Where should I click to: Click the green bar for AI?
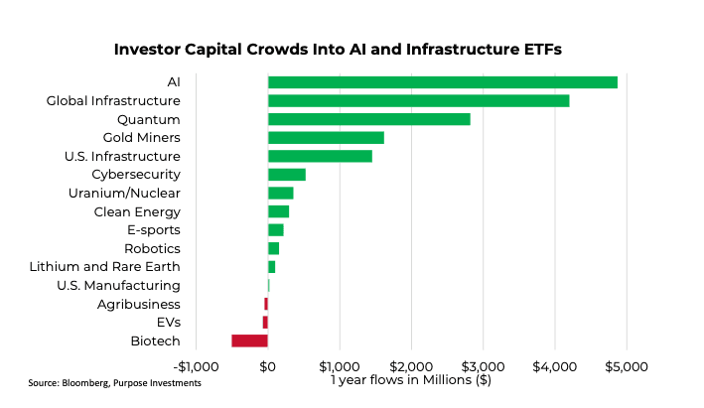coord(442,82)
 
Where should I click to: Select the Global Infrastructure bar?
coord(418,100)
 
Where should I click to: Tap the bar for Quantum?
coord(368,119)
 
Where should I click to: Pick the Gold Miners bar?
coord(326,137)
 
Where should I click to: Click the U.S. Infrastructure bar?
coord(320,156)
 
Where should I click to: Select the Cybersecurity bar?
coord(286,175)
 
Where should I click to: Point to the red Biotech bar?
coord(249,340)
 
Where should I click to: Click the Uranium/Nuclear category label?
coord(124,193)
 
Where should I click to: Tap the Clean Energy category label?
coord(137,211)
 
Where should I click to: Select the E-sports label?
coord(153,229)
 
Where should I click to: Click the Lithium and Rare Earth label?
coord(105,267)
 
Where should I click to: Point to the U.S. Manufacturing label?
coord(119,285)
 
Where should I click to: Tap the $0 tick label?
coord(267,366)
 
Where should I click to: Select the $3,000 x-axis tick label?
coord(483,366)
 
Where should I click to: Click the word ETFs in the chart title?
coord(536,50)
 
